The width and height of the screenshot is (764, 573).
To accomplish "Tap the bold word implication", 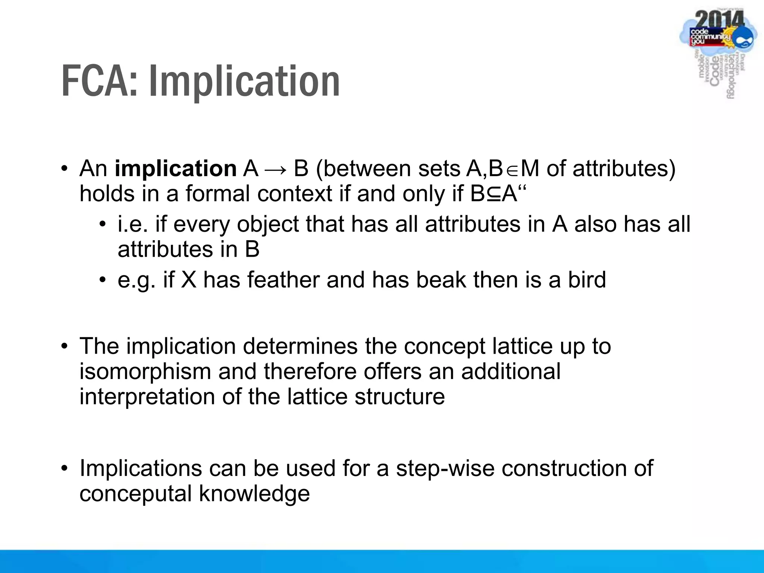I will tap(175, 169).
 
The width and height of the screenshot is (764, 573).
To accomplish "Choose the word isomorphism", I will tap(145, 372).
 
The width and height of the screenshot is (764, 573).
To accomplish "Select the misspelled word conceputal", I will tap(135, 494).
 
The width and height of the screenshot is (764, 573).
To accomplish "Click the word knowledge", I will tap(254, 494).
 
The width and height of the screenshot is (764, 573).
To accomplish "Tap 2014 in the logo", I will tap(720, 19).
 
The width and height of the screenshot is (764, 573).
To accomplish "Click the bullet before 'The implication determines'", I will tap(65, 346).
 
